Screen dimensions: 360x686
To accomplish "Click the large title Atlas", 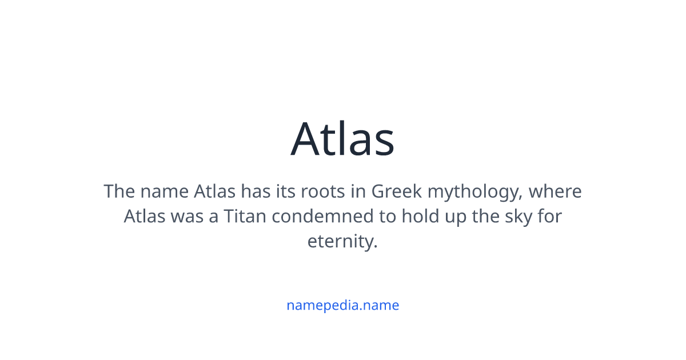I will (x=342, y=139).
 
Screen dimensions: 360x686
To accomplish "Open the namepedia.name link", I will (x=342, y=305).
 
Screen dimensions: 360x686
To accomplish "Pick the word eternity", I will (x=342, y=242).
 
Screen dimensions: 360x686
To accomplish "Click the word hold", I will (x=417, y=217).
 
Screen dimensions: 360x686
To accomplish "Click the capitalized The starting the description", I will (x=119, y=191).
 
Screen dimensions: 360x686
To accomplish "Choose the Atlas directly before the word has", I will (x=215, y=191).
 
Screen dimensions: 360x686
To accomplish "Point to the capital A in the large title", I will (x=309, y=139).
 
